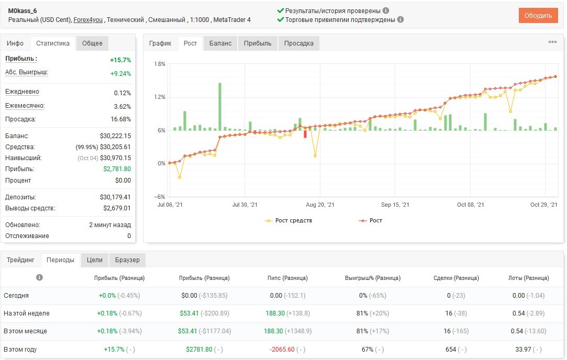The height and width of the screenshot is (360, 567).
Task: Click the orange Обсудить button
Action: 538,16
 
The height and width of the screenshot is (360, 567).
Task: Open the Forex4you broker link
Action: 88,20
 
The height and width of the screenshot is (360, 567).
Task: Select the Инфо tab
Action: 15,43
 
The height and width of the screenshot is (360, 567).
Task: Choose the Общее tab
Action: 92,43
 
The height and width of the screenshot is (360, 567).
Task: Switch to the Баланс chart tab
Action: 220,43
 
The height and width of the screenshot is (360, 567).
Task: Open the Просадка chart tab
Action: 299,43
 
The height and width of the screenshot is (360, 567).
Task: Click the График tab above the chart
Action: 160,43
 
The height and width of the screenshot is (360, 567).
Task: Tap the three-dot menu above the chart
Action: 552,42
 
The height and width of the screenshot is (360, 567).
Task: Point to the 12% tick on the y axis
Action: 160,97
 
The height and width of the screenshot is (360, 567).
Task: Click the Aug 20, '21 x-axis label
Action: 320,205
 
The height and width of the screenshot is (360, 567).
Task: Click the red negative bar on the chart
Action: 305,134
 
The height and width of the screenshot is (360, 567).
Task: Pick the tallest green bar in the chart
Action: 219,107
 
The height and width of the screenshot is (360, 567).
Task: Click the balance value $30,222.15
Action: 115,136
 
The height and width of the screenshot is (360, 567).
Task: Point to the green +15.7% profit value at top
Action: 120,60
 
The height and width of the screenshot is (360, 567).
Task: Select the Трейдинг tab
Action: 20,260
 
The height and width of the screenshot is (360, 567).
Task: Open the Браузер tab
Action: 127,260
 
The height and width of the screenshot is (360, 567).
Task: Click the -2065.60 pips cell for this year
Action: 282,350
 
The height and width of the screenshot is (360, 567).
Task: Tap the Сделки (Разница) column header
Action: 457,278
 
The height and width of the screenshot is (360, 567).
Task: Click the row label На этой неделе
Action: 26,313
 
